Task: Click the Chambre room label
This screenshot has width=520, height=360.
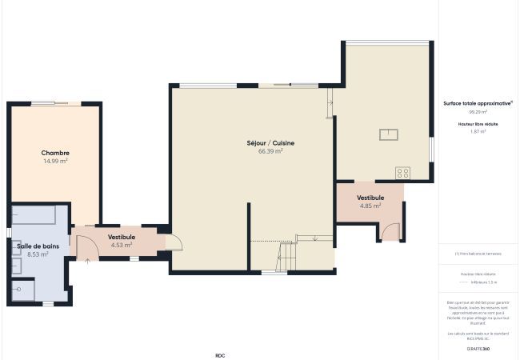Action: tap(55, 153)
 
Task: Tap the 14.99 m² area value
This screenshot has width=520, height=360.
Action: tap(55, 161)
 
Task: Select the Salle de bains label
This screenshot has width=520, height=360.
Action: tap(38, 246)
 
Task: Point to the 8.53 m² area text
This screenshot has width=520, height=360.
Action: tap(38, 254)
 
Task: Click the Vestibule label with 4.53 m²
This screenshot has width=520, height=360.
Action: tap(122, 237)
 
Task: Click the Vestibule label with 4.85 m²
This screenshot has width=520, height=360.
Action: tap(370, 197)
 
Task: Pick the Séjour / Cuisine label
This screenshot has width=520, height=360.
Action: tap(270, 142)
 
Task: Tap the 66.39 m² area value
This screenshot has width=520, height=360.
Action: tap(270, 150)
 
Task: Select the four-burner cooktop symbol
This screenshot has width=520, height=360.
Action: tap(402, 172)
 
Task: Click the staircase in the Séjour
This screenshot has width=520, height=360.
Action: tap(287, 256)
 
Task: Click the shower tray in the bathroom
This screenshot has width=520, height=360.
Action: tap(24, 290)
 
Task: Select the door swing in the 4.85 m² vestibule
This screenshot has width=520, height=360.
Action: tap(391, 231)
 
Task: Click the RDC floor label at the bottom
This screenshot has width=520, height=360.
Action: tap(220, 355)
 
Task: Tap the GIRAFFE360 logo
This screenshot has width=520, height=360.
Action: tap(478, 349)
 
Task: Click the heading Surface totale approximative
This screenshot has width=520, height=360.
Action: tap(478, 103)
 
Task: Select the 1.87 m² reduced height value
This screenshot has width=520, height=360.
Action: tap(478, 130)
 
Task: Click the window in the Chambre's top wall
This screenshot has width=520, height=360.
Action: tap(54, 103)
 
